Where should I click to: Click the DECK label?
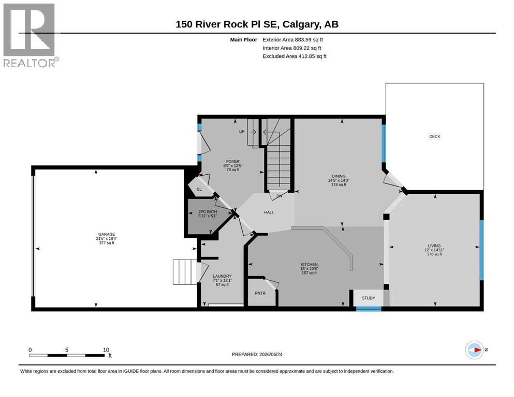[435, 136]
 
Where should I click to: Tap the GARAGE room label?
[107, 234]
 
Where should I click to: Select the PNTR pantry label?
[260, 293]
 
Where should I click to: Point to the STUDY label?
[369, 298]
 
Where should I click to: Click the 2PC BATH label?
[208, 212]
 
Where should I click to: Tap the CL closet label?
[199, 190]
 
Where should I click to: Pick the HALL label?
[269, 212]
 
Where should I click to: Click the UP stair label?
[242, 132]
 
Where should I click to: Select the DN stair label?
[279, 196]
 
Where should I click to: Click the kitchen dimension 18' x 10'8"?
[309, 269]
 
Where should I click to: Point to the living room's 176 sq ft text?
[434, 254]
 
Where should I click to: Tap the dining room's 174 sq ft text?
[339, 185]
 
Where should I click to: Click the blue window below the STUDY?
[369, 308]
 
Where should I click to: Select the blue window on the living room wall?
[481, 250]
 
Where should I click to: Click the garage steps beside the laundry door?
[185, 272]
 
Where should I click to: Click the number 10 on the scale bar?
[106, 349]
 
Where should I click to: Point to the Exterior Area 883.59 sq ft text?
[293, 40]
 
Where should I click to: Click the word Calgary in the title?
[301, 24]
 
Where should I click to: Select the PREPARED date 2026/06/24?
[271, 354]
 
